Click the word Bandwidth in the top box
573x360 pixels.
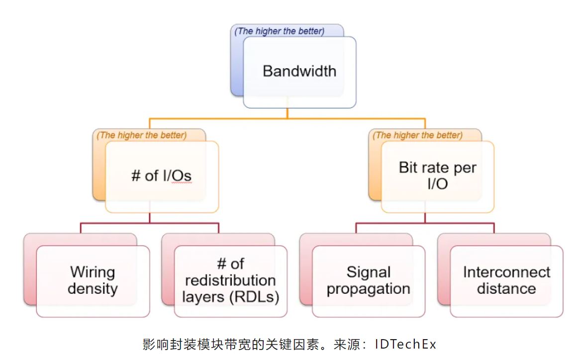pyautogui.click(x=299, y=71)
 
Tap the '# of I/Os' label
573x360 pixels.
pyautogui.click(x=161, y=176)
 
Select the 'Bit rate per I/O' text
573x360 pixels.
pyautogui.click(x=437, y=175)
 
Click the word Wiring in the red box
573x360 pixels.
pyautogui.click(x=93, y=272)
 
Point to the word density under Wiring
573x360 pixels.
pyautogui.click(x=93, y=289)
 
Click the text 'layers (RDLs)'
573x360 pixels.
pyautogui.click(x=230, y=297)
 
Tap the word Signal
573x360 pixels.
pyautogui.click(x=368, y=272)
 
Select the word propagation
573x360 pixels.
pyautogui.click(x=368, y=289)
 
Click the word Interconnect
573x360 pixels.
pyautogui.click(x=506, y=272)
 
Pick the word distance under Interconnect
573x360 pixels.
pyautogui.click(x=506, y=289)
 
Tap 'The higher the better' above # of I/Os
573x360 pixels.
pyautogui.click(x=142, y=135)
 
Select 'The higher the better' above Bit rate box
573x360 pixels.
pyautogui.click(x=418, y=135)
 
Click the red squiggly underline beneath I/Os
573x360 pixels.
pyautogui.click(x=182, y=183)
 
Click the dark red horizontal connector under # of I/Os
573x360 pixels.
pyautogui.click(x=114, y=223)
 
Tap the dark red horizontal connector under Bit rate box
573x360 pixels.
pyautogui.click(x=463, y=223)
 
